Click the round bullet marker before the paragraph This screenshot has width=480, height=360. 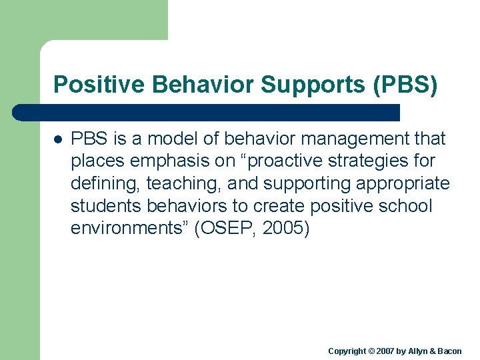(x=58, y=140)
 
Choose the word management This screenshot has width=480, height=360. (x=357, y=139)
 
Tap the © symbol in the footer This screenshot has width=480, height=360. (x=372, y=351)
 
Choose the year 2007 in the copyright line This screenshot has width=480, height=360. (x=386, y=351)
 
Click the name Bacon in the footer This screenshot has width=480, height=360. (x=449, y=351)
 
